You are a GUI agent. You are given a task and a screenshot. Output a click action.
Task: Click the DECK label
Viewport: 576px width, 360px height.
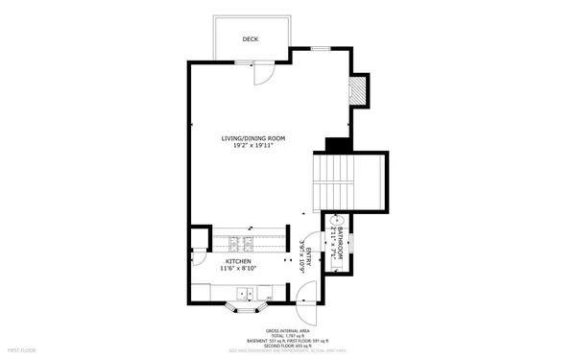251,39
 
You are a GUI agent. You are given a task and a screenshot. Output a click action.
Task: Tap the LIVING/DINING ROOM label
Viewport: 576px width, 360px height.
252,139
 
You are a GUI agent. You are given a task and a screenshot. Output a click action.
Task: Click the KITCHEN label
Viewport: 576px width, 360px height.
239,261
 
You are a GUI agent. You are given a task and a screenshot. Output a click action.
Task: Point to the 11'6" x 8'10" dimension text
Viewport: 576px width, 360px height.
239,270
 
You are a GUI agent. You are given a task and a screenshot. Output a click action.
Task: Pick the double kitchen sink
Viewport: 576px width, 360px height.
248,294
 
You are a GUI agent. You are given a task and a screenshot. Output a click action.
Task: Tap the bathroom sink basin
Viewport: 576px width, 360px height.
326,231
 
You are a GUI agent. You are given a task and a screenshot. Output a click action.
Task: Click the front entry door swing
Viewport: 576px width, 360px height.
306,315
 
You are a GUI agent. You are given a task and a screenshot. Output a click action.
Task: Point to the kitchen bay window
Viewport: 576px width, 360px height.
244,309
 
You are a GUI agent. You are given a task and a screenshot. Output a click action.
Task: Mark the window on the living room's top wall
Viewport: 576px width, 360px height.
322,47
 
